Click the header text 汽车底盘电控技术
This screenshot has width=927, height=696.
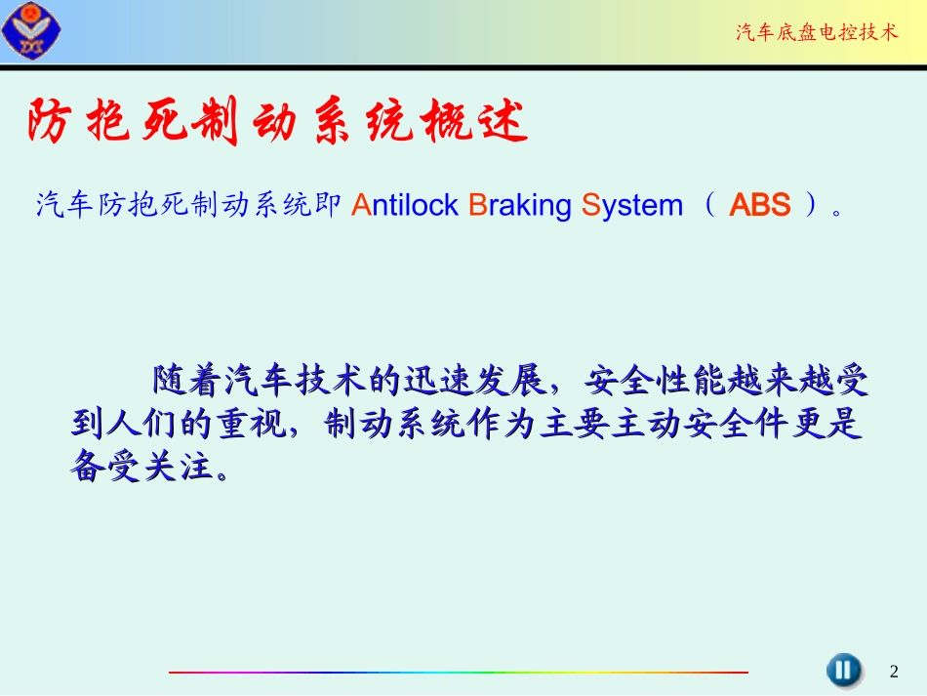[x=816, y=33]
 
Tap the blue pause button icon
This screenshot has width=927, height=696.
[x=843, y=670]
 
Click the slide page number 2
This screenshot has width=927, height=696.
[x=894, y=672]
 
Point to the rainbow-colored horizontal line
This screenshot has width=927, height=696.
[x=459, y=672]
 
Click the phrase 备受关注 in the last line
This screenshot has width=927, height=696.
[x=141, y=468]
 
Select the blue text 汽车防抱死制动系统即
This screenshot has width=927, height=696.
[x=187, y=206]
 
